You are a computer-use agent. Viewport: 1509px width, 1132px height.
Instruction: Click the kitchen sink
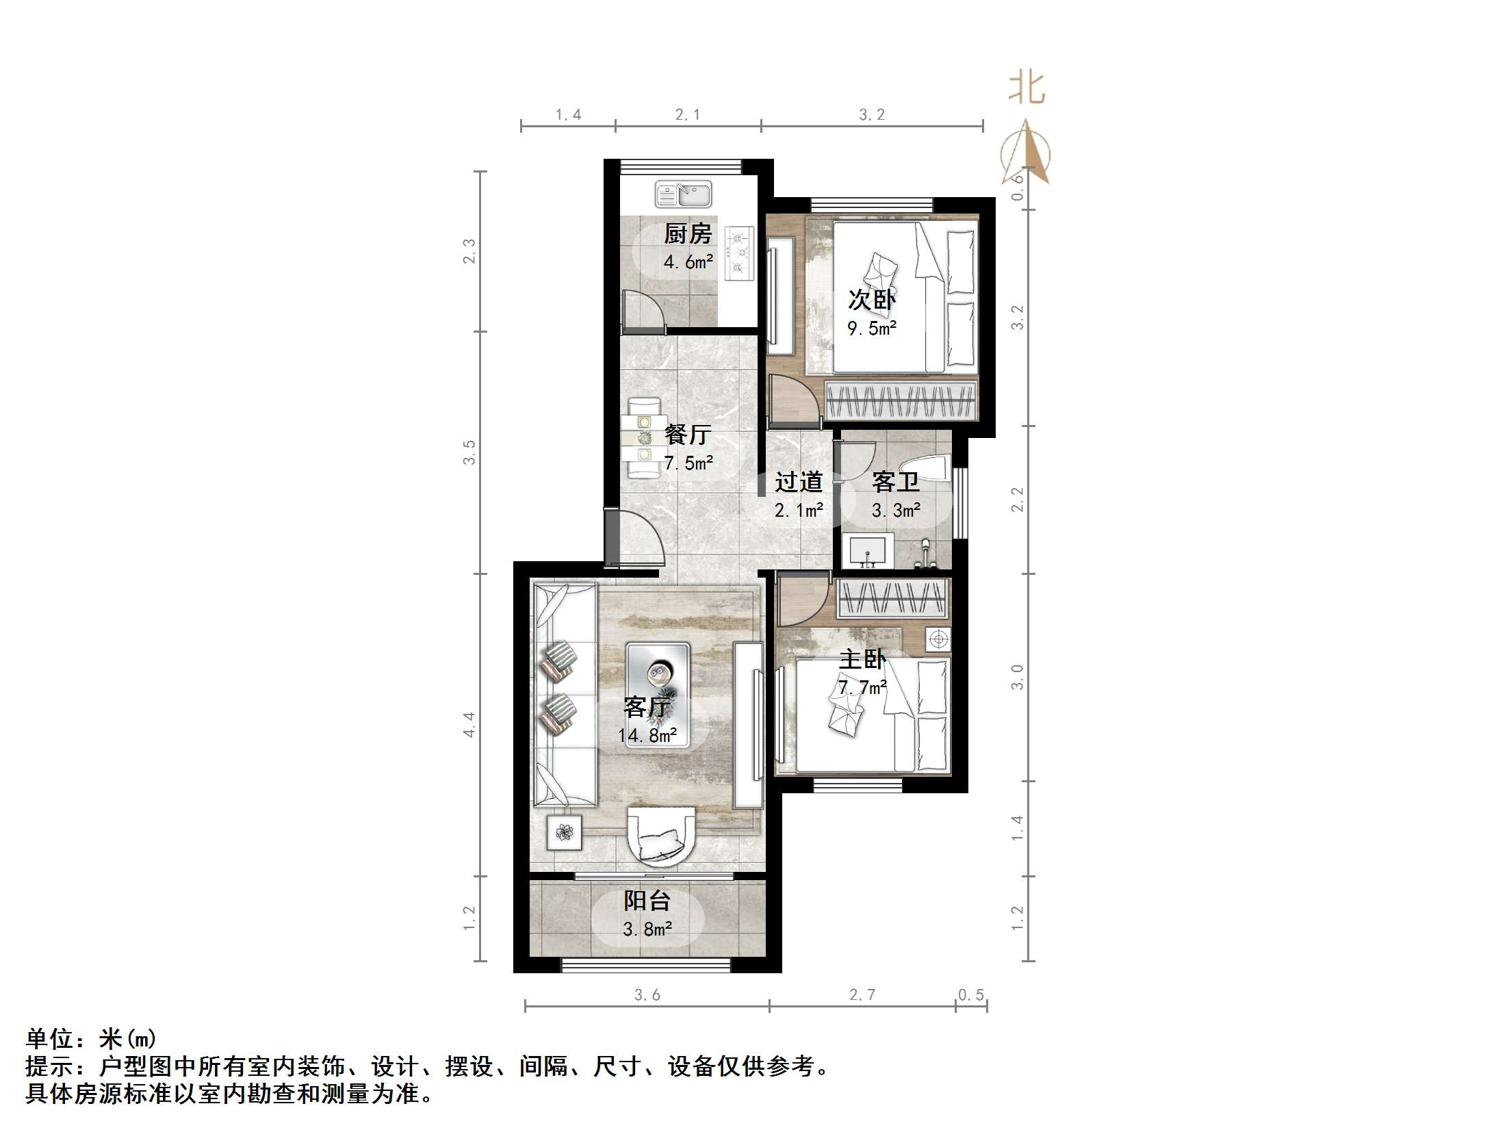(x=683, y=194)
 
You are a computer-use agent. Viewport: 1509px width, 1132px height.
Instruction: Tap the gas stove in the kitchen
(x=738, y=253)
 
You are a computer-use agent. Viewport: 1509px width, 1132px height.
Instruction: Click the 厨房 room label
(x=688, y=233)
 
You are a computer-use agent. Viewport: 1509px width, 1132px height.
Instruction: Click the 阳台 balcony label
(x=647, y=901)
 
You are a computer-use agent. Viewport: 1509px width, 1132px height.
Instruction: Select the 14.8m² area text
(x=647, y=736)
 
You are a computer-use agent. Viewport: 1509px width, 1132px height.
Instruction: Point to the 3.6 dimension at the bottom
(x=647, y=994)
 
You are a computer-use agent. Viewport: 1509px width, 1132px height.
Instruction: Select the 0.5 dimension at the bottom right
(x=970, y=994)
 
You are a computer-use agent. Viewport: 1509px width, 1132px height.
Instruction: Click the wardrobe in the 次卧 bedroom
(x=901, y=400)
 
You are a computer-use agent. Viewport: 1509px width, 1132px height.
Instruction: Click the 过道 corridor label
(x=798, y=482)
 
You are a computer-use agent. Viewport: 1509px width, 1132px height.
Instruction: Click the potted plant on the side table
(x=565, y=832)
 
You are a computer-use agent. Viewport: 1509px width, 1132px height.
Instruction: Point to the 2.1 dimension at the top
(x=687, y=115)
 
